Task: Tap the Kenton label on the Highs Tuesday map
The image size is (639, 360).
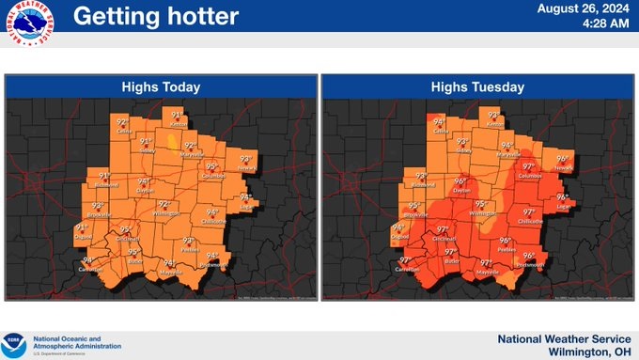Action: pyautogui.click(x=495, y=125)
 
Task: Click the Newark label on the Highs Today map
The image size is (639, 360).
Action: pyautogui.click(x=247, y=167)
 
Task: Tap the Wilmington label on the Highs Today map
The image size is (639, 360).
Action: pyautogui.click(x=165, y=213)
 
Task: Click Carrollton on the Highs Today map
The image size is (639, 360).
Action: pyautogui.click(x=91, y=270)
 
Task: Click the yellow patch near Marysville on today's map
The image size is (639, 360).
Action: pyautogui.click(x=173, y=143)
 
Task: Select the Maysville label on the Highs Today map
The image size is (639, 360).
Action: pyautogui.click(x=171, y=273)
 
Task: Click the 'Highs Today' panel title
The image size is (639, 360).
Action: pyautogui.click(x=161, y=87)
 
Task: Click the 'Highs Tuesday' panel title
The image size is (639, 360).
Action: pyautogui.click(x=477, y=87)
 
